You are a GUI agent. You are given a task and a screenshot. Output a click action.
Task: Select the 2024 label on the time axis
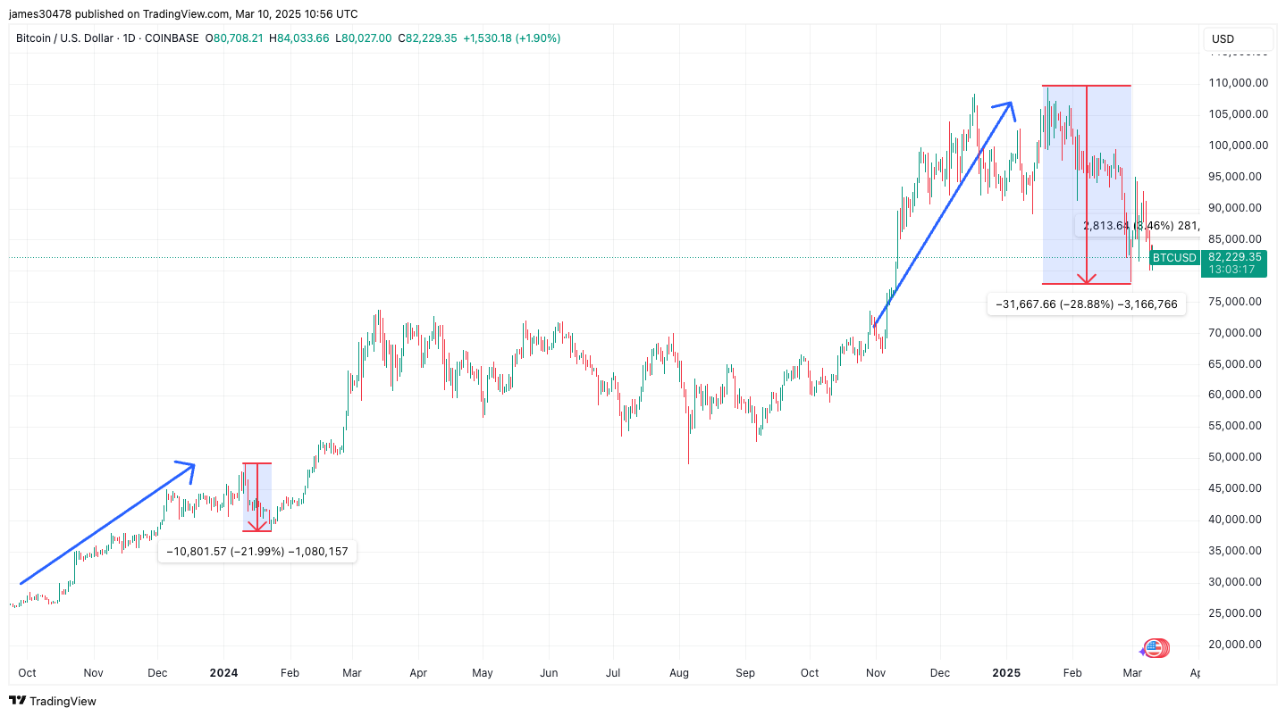pos(223,672)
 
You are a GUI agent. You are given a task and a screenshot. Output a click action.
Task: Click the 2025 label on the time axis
pos(1006,672)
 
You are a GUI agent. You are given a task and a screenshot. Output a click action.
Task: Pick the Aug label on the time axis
pos(679,672)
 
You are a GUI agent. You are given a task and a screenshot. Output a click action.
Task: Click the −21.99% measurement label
pos(257,552)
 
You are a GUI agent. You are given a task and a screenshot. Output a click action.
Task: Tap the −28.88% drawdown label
pos(1086,304)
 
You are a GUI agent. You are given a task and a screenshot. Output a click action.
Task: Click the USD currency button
pos(1223,38)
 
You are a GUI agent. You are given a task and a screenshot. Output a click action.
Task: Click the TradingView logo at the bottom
pos(53,701)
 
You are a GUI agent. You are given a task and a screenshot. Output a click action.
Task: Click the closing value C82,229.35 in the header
pos(427,38)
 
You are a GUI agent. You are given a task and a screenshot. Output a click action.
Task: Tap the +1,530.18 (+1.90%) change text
pos(511,38)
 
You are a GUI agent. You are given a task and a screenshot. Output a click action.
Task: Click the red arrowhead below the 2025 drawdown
pos(1086,279)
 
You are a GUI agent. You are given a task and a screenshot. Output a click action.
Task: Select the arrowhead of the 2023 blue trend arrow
pos(188,465)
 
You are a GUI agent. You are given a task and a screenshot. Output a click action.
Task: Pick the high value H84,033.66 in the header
pos(304,38)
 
